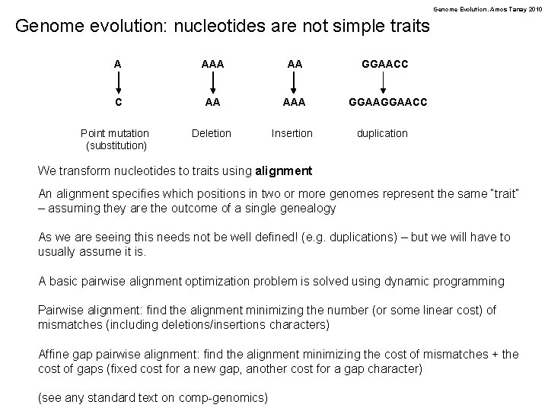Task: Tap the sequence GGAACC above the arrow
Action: pos(384,65)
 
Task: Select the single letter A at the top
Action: pos(117,65)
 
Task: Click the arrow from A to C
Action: pos(117,83)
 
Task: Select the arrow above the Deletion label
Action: pos(212,83)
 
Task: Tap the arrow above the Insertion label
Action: pos(292,83)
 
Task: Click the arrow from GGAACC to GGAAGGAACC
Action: pos(384,83)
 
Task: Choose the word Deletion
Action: pos(212,133)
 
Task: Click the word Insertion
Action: pos(292,133)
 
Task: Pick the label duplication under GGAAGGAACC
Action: pos(383,133)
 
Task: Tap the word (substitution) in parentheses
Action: pos(117,145)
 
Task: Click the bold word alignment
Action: pos(285,170)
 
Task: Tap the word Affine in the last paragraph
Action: pos(55,354)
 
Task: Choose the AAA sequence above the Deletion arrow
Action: pos(212,65)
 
